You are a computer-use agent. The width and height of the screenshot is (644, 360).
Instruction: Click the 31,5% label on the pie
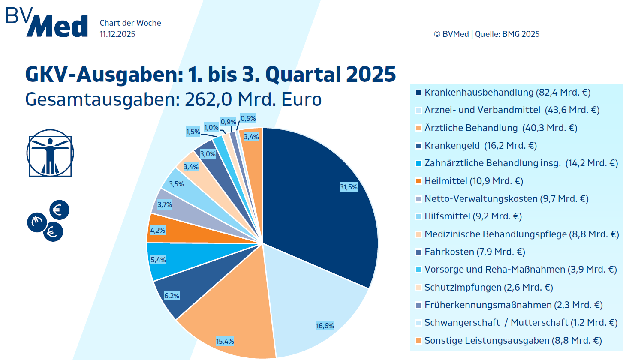pos(349,187)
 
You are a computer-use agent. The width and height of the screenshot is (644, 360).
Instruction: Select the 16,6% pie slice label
pos(325,326)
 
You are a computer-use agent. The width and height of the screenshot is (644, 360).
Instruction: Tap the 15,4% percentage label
pos(225,341)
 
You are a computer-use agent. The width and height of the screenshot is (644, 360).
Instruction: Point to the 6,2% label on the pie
pos(172,296)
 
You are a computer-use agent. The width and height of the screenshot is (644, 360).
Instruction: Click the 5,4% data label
pos(158,260)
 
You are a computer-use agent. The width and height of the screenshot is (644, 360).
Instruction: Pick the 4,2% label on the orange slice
pos(157,230)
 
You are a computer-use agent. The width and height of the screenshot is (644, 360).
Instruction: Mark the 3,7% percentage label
pos(165,204)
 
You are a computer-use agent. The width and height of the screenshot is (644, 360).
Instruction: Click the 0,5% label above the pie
pos(248,118)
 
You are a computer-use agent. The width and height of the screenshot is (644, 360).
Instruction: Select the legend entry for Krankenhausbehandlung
pos(507,93)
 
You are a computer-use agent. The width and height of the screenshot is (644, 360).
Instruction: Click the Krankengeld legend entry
pos(480,146)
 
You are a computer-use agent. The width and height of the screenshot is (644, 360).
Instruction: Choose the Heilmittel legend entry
pos(473,181)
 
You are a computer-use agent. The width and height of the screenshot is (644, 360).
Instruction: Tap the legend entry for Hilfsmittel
pos(472,216)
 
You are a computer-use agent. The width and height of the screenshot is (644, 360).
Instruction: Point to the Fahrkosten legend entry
pos(474,252)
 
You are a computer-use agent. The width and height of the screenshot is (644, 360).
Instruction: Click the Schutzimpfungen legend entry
pos(488,287)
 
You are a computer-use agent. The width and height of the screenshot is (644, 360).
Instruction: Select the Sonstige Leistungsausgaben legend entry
pos(513,341)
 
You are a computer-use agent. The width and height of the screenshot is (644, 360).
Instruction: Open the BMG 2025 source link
pos(521,34)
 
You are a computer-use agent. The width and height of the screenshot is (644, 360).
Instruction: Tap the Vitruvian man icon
pos(50,153)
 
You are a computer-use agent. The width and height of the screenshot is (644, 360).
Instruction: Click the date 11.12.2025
pos(117,34)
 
